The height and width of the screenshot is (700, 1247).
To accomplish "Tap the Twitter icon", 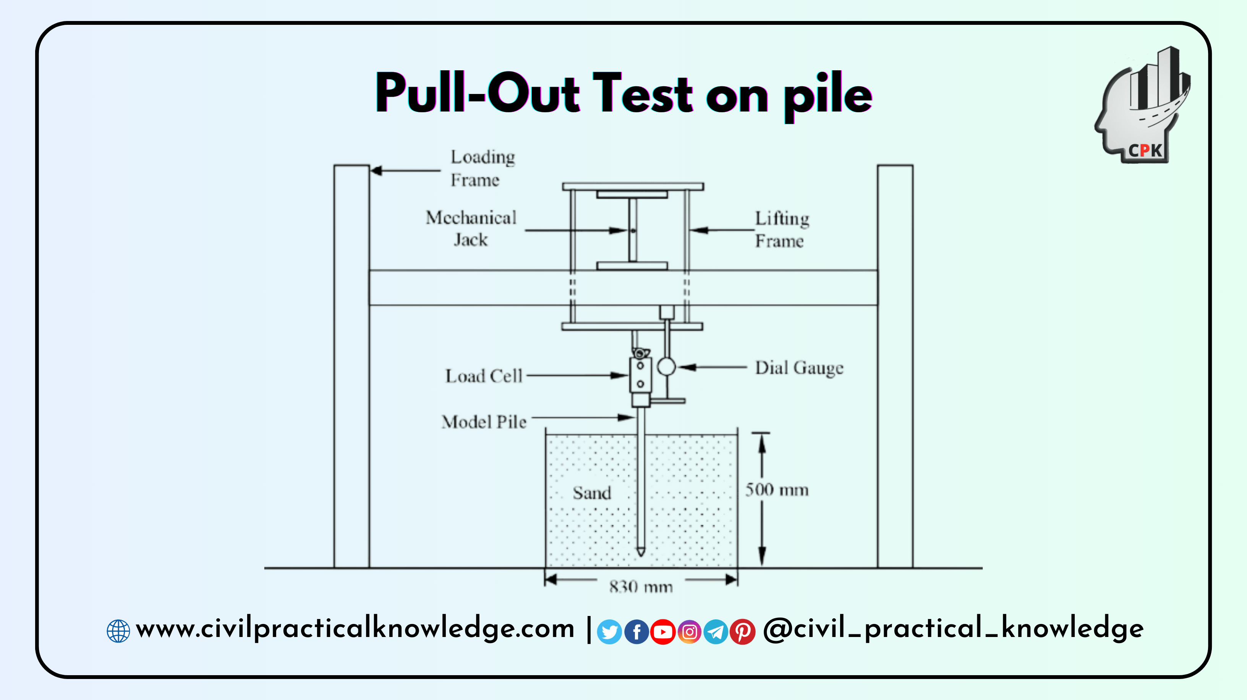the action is click(609, 632).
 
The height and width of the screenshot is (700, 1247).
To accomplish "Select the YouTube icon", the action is click(663, 632).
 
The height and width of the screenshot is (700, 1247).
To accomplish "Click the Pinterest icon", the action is click(742, 632).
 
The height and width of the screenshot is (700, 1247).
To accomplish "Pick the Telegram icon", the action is click(716, 632).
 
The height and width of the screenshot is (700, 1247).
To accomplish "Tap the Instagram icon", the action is click(689, 632).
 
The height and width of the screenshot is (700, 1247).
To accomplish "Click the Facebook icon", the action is click(636, 632).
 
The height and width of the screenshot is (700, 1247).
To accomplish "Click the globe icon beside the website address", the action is click(118, 631).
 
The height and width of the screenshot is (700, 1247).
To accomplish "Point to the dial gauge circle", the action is click(666, 366).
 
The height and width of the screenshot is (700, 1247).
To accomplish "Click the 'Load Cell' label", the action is click(484, 376).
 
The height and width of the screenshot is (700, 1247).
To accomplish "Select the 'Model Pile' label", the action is click(484, 422).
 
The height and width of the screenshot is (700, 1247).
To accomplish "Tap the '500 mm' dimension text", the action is click(776, 490).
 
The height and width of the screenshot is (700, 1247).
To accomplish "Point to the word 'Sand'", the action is click(591, 493).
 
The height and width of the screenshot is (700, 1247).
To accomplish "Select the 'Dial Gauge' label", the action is click(799, 368).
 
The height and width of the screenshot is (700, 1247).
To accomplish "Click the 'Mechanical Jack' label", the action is click(471, 228).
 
